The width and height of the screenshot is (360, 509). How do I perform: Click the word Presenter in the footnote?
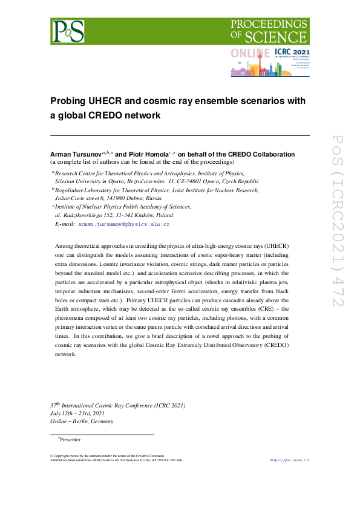(x=70, y=440)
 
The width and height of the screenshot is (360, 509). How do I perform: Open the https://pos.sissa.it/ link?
(x=289, y=460)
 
